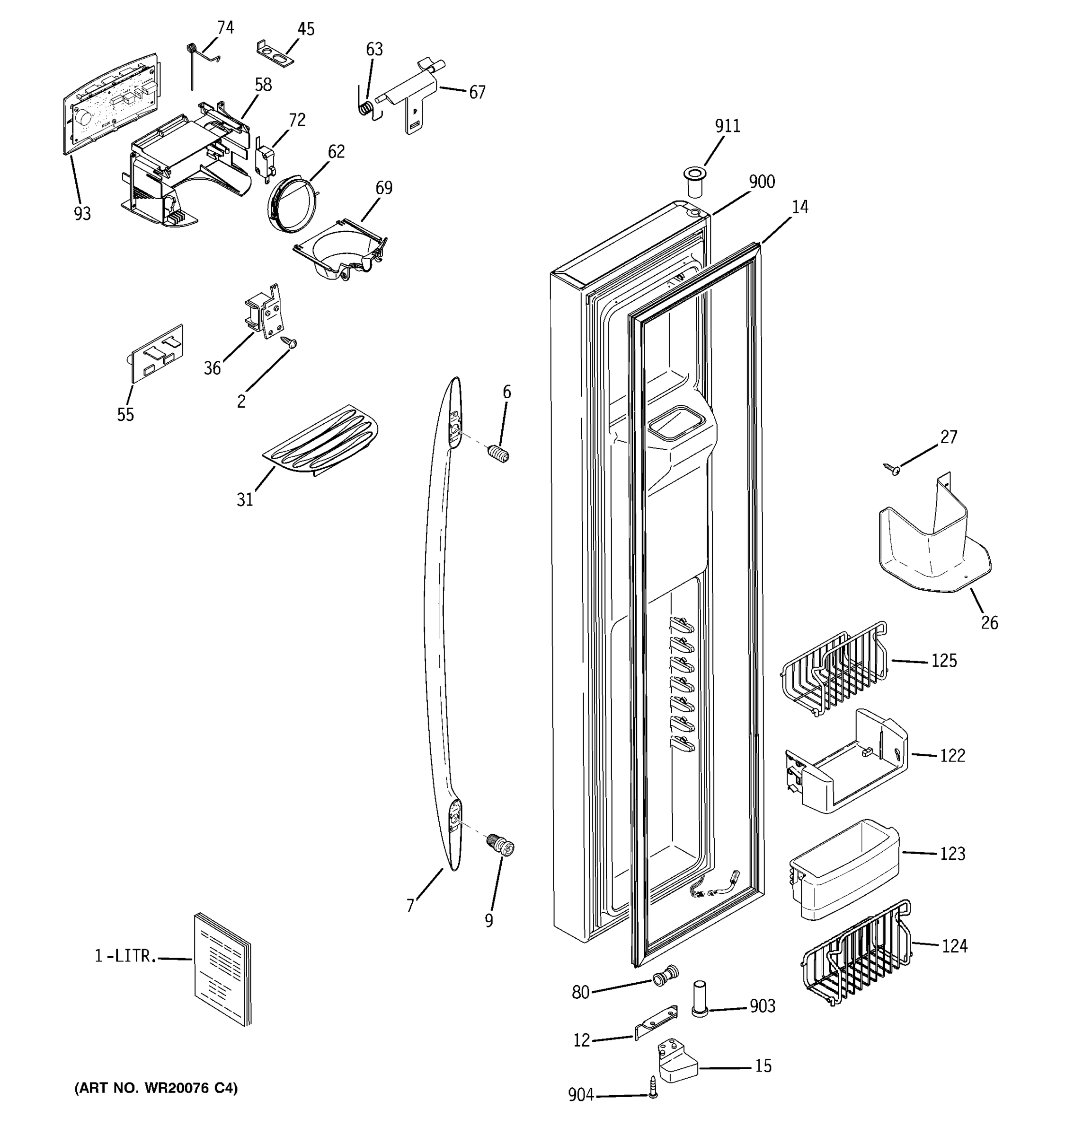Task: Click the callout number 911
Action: click(x=728, y=126)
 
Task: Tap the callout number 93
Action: click(x=82, y=214)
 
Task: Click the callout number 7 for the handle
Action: click(x=409, y=906)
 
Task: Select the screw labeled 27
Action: click(x=891, y=469)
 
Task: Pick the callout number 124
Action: click(x=954, y=947)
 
